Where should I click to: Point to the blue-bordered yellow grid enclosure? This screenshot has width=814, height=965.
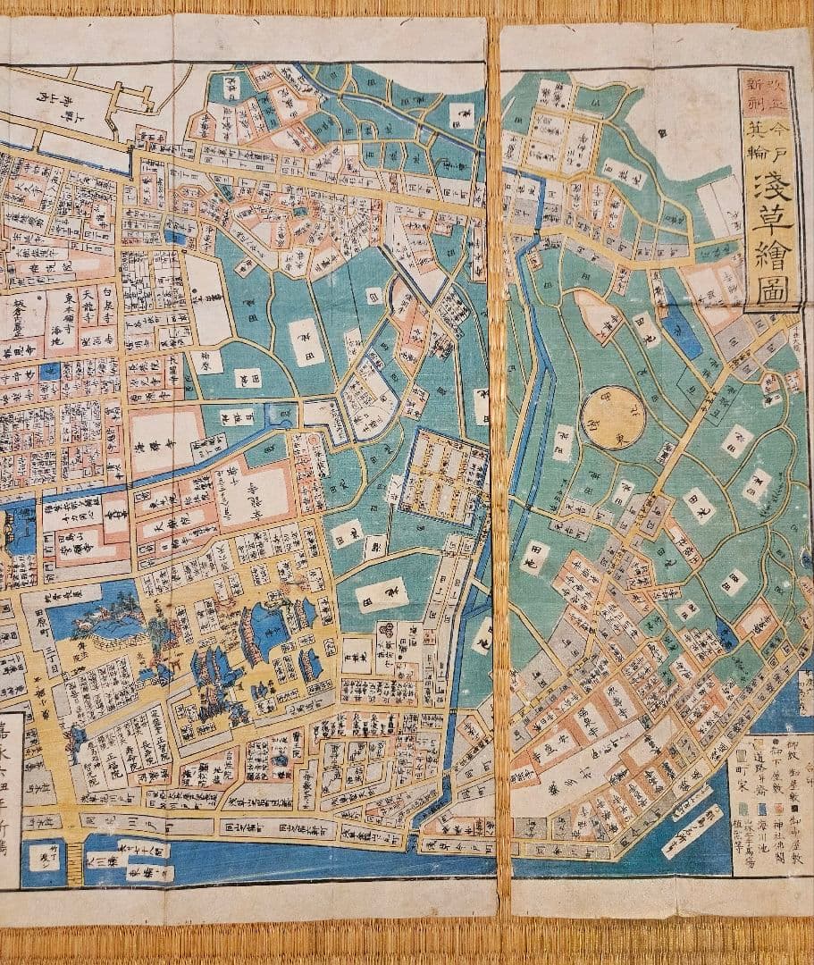click(437, 476)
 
